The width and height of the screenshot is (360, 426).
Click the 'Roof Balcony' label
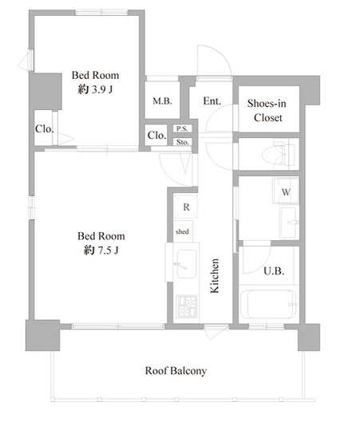[x=176, y=370]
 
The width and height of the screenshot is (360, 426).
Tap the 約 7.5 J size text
[x=101, y=251]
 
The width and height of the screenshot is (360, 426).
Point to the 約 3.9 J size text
[x=95, y=90]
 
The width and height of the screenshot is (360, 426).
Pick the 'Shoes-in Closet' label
[x=267, y=110]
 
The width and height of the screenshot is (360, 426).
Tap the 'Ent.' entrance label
[x=212, y=101]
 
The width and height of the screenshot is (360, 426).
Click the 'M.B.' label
[x=162, y=101]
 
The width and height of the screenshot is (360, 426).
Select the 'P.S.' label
[x=182, y=128]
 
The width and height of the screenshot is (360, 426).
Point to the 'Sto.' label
[x=182, y=141]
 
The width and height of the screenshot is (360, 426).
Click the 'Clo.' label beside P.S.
[x=156, y=136]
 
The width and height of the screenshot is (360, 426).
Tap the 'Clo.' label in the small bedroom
[x=43, y=129]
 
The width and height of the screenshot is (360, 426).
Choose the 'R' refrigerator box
[x=185, y=207]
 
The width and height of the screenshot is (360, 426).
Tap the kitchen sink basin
[x=188, y=262]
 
